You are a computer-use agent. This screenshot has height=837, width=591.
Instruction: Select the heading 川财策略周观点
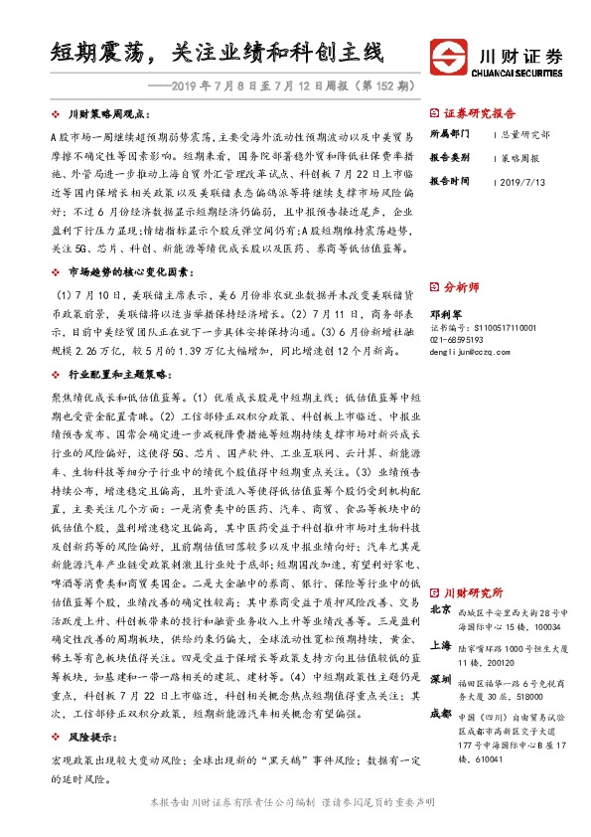pos(109,115)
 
